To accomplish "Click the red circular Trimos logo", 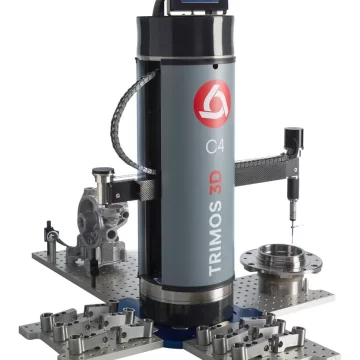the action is (x=212, y=104).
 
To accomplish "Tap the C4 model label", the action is (x=215, y=146).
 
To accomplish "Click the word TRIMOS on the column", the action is (x=215, y=238).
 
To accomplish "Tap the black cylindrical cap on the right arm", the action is (x=294, y=138).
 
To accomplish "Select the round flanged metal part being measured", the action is (x=281, y=268).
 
